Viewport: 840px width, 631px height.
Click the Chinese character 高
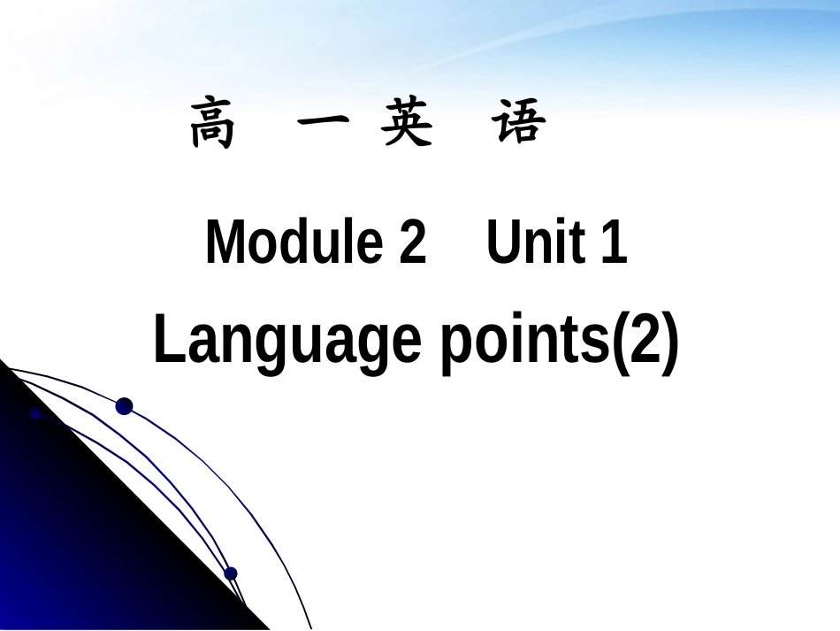(213, 125)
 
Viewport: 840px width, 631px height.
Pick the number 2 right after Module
(412, 242)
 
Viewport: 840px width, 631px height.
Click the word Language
(287, 343)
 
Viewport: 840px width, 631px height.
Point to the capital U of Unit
(502, 242)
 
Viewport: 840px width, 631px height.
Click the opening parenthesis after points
(622, 343)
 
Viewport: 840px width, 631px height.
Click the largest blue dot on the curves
(124, 406)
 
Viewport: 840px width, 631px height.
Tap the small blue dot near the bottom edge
(231, 573)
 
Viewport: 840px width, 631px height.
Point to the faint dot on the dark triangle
(36, 413)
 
